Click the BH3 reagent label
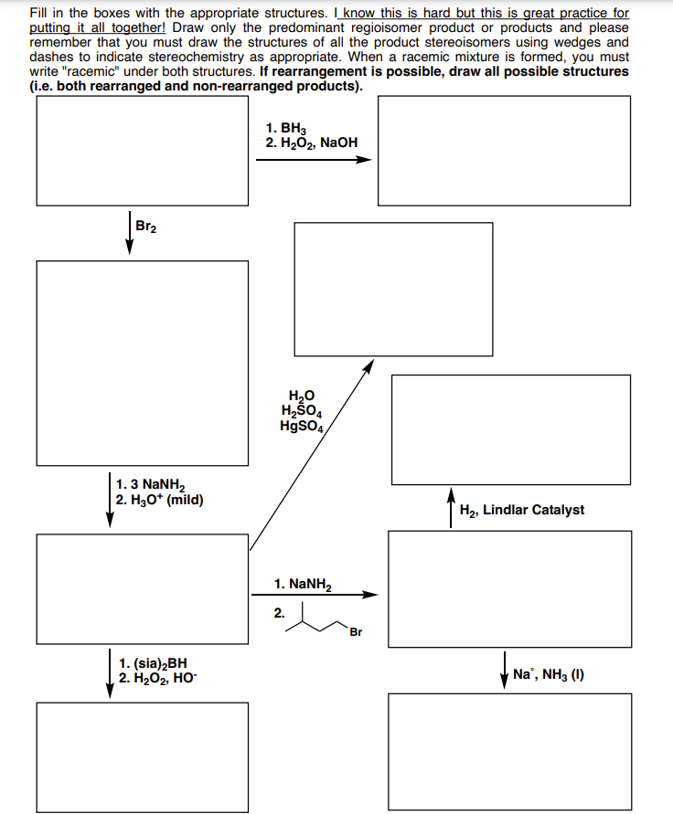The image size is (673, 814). pos(290,128)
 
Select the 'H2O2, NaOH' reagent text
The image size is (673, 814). pos(312,143)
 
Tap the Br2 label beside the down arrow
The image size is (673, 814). pos(145,226)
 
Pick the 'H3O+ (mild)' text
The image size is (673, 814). pos(161,500)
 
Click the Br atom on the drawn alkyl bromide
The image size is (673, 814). pos(355,631)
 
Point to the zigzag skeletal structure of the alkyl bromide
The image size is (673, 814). pos(315,621)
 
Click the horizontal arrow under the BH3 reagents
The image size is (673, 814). pos(314,159)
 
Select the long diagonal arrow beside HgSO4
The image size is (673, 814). pos(311,457)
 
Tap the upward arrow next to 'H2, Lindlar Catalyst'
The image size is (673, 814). pos(452,508)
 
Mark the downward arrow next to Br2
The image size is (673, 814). pos(129,236)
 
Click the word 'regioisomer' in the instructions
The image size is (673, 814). pos(361,28)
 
